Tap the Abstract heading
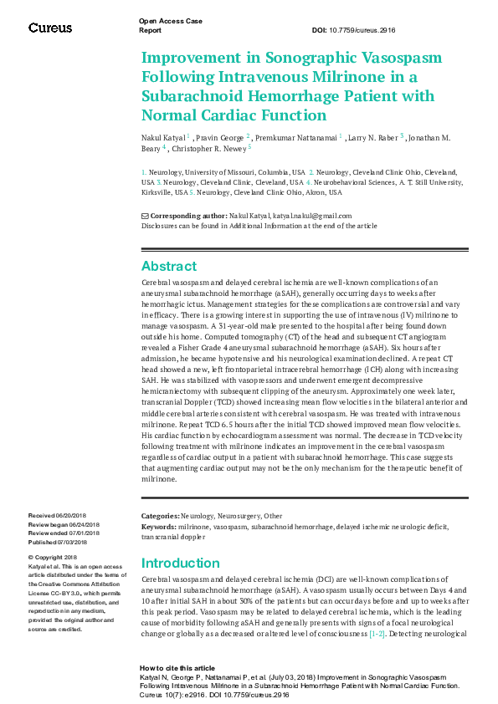(x=168, y=266)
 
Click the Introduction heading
(x=180, y=563)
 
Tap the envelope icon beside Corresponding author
(x=145, y=216)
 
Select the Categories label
(x=160, y=518)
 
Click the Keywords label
(x=159, y=528)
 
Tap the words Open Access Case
(x=170, y=20)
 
